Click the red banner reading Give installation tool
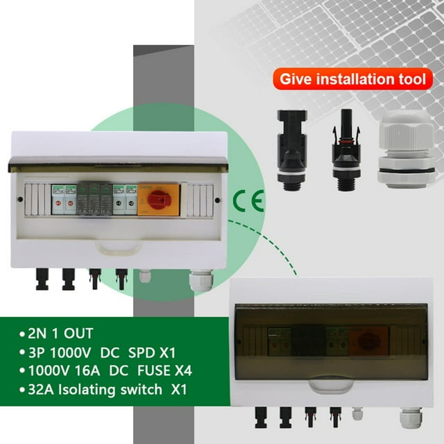(352, 78)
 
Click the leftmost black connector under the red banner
(292, 148)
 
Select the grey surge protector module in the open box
(94, 199)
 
